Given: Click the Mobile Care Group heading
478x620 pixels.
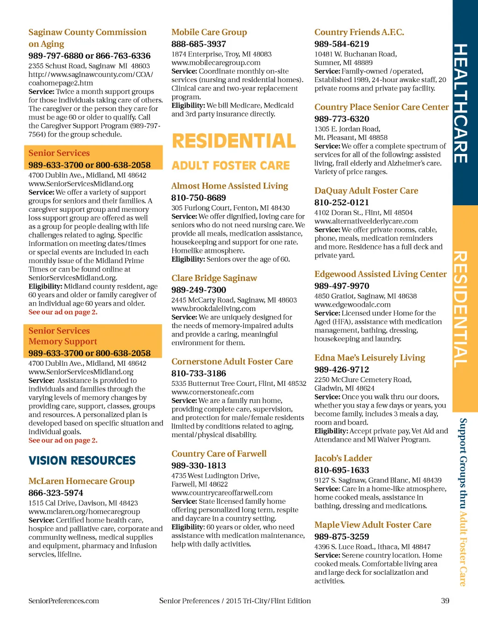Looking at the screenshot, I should tap(209, 32).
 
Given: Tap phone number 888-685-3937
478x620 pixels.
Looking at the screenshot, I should tap(198, 44).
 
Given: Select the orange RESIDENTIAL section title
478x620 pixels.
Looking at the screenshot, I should tap(234, 141).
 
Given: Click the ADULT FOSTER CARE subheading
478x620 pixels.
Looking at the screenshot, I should tap(231, 166).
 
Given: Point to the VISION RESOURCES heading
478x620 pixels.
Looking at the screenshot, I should tap(82, 460).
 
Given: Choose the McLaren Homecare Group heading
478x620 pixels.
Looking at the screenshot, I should tap(81, 481).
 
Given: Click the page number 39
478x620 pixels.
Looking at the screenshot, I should tap(445, 600).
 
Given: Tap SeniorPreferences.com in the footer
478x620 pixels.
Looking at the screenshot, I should tap(63, 601).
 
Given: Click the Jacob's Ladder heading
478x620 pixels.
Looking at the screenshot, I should tap(343, 458).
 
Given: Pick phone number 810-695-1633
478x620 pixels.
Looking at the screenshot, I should tap(341, 470).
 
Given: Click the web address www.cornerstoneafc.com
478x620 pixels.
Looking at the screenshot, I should tap(212, 392).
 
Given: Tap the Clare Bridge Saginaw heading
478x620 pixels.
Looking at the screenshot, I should tap(214, 278).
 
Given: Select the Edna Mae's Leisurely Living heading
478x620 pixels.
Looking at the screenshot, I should tap(369, 358).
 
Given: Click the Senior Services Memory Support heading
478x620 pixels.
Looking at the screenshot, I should tap(63, 336).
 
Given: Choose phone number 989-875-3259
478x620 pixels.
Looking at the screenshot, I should tap(341, 536).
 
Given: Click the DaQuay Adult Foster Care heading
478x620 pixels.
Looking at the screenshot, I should tap(366, 190).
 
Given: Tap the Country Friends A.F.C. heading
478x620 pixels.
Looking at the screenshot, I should tap(359, 32).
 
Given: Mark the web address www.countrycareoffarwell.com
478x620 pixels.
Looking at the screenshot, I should tap(222, 493).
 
